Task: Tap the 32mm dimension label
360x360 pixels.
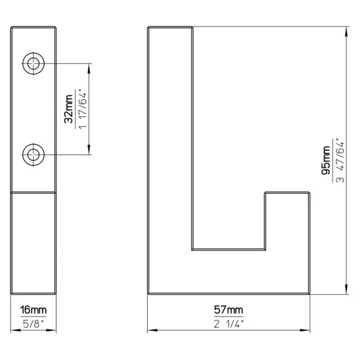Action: coord(69,109)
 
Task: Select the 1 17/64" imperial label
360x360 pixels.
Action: coord(83,110)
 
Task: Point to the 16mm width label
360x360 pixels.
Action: coord(34,310)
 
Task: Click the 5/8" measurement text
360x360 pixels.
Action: coord(34,324)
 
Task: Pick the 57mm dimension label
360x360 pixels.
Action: coord(229,310)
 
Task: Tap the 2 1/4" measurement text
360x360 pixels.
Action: coord(229,324)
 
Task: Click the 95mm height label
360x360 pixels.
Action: coord(326,160)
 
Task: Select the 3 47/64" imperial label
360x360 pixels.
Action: coord(340,160)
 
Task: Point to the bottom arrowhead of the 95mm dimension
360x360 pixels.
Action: coord(346,289)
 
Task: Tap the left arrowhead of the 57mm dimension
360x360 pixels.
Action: coord(153,330)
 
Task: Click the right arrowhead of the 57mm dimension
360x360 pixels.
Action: coord(305,330)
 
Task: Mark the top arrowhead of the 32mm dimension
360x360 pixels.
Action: coord(89,68)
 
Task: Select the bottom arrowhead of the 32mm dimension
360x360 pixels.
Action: coord(89,150)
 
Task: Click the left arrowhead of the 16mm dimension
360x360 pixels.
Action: coord(16,330)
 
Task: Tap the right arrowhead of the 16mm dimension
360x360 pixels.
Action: coord(52,330)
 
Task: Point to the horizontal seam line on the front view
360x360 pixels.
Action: coord(34,192)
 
